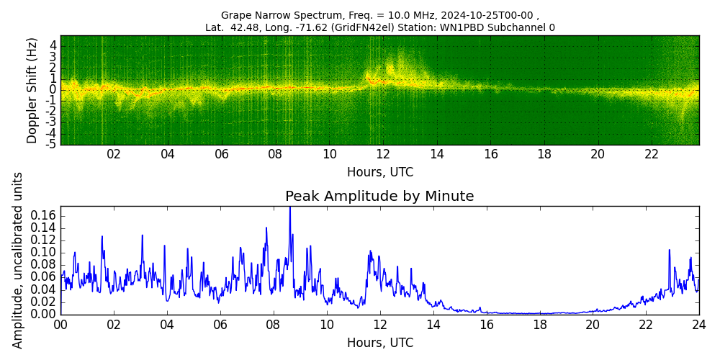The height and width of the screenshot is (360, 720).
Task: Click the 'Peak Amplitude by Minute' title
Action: (x=379, y=197)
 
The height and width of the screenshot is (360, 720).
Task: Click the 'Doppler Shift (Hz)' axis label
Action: (x=32, y=90)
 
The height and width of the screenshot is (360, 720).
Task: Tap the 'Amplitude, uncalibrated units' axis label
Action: (x=18, y=260)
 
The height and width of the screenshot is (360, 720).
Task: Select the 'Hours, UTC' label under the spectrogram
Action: (x=379, y=173)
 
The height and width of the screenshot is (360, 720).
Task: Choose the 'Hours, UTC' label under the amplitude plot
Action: (x=379, y=343)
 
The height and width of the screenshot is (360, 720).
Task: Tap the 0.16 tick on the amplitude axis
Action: (x=43, y=216)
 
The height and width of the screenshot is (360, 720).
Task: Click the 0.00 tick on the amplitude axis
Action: (x=43, y=314)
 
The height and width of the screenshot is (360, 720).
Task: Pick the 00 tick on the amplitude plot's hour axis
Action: (x=60, y=324)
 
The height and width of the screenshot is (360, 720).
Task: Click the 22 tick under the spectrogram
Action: (x=652, y=154)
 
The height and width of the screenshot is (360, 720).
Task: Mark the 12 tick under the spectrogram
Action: (x=383, y=154)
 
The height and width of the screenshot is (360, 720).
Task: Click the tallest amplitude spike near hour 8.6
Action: (x=290, y=209)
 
